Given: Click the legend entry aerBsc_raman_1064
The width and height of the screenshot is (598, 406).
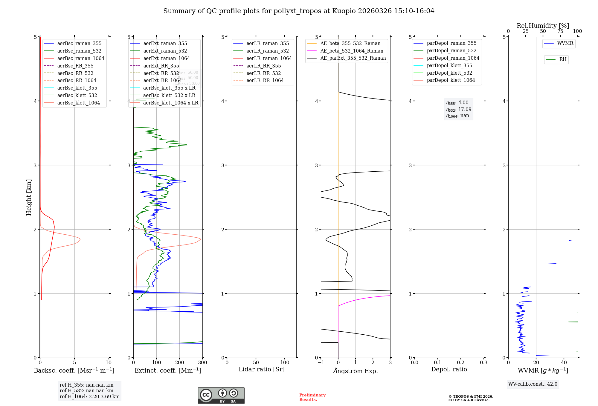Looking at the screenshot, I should pos(81,58).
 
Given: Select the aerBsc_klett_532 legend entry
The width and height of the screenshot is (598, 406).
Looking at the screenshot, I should pos(77,95).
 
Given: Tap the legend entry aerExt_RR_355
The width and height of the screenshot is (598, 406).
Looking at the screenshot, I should pos(161,66).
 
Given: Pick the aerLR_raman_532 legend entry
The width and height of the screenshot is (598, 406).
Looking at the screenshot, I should pos(268,51).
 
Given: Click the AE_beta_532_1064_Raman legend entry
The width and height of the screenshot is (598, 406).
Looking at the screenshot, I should pos(352,51).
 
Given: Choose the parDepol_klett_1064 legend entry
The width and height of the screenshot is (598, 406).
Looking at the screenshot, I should pos(451,80).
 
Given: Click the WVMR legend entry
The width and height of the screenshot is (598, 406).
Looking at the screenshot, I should pos(565,43).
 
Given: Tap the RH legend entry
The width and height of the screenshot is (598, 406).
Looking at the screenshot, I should pos(563,59).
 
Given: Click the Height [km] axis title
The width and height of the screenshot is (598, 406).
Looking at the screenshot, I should pos(29,197).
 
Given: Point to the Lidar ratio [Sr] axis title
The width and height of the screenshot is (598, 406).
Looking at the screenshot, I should pos(262,369).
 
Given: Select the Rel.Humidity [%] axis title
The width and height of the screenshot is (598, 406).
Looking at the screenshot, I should pos(543,26).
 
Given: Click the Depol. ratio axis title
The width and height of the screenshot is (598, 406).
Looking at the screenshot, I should pos(449,369).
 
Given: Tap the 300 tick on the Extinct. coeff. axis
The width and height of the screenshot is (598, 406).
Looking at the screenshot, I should pos(202,363).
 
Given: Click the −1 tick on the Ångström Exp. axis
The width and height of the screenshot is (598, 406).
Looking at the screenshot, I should pos(321,363).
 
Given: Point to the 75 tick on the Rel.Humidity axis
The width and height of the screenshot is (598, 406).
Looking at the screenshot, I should pos(560,31).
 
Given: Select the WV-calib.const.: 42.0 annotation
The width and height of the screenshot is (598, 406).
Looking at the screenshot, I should pos(533,384).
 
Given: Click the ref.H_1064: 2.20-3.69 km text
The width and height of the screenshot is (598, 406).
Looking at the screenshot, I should pos(89,396).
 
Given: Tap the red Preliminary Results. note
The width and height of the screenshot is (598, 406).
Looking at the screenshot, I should pos(312,397).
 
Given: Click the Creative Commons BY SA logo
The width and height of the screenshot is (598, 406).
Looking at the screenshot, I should pos(221,395).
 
